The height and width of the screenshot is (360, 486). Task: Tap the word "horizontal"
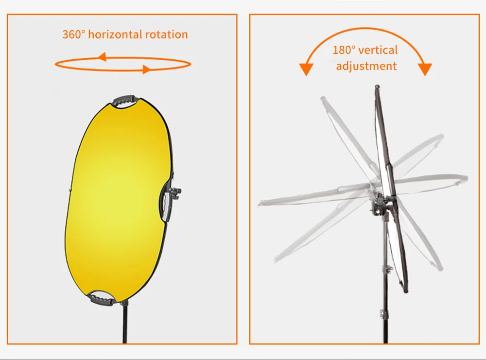(115, 34)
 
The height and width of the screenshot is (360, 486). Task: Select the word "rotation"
(166, 34)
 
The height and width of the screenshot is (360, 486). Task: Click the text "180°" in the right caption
(344, 50)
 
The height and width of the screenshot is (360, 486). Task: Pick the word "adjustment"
(366, 66)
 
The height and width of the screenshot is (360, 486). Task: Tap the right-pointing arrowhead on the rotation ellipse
(145, 69)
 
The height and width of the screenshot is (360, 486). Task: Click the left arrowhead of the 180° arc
(306, 69)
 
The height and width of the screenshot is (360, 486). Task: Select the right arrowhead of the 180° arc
(426, 69)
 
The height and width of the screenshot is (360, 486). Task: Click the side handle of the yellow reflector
(167, 204)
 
